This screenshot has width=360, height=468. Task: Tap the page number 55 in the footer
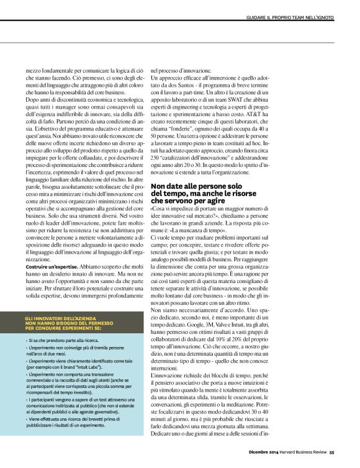click(333, 460)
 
